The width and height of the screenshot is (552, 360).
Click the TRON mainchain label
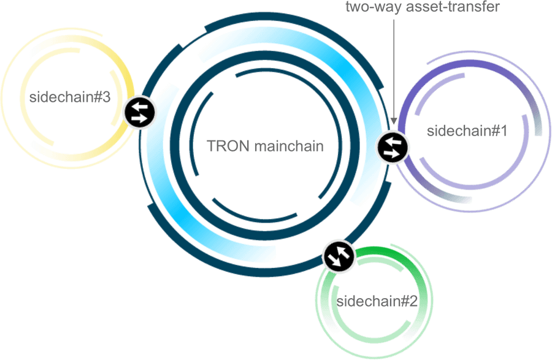pos(265,146)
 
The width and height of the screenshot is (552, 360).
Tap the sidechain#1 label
pos(467,131)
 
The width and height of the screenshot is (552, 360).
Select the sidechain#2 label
pos(377,301)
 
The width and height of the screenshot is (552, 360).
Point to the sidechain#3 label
pos(70,97)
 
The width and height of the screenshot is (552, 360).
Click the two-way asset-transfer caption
pos(423,6)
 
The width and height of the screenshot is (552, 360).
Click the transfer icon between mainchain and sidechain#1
pos(393,147)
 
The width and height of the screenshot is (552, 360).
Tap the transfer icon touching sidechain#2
pos(339,256)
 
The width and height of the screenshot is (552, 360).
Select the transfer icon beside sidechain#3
pos(140,113)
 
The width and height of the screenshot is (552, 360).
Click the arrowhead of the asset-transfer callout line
pos(394,121)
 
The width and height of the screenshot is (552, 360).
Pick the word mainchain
pos(289,146)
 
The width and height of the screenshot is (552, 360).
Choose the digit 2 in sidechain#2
pos(413,301)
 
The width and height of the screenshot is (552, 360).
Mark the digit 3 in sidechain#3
pos(106,97)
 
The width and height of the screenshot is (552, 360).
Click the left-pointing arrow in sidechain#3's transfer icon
pos(140,106)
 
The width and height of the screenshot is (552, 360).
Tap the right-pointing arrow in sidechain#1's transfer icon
pos(391,153)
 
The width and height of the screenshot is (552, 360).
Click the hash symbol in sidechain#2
pos(404,301)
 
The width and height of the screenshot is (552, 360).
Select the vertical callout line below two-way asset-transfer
pos(394,69)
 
